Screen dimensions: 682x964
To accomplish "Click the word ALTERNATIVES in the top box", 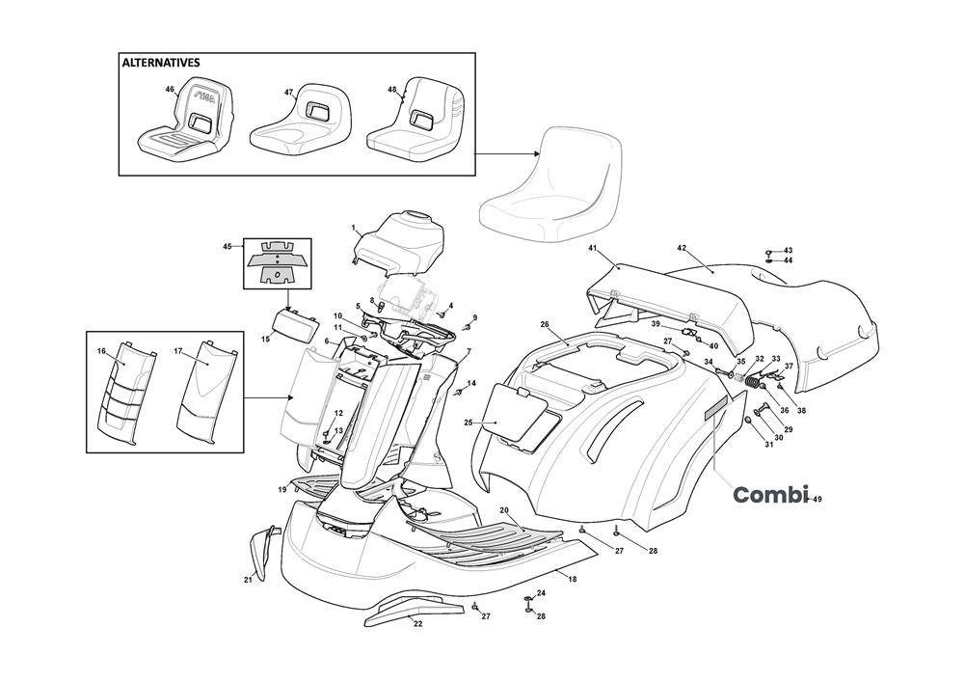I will click(x=161, y=63).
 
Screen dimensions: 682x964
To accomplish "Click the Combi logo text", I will click(x=769, y=495).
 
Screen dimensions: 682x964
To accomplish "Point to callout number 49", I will click(x=817, y=499).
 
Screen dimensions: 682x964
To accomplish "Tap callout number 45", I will click(x=228, y=247).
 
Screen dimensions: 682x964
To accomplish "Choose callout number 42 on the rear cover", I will click(x=682, y=248).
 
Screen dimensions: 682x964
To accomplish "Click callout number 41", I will click(x=593, y=249).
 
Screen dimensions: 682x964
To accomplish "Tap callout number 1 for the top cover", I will click(x=354, y=229).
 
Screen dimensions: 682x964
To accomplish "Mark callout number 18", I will click(x=573, y=579).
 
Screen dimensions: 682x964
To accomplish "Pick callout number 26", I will click(x=545, y=324).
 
